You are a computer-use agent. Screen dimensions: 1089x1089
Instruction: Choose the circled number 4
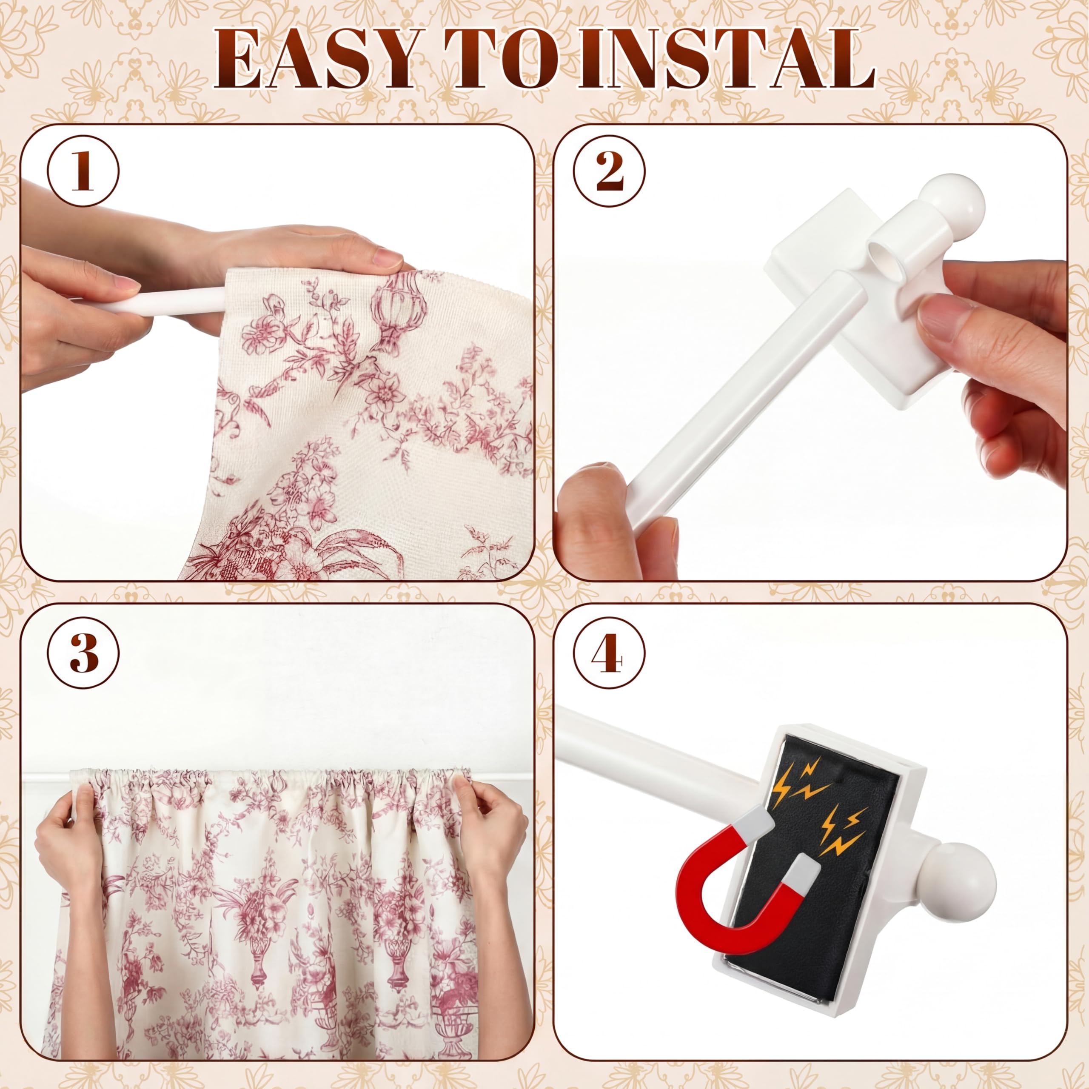609,654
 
